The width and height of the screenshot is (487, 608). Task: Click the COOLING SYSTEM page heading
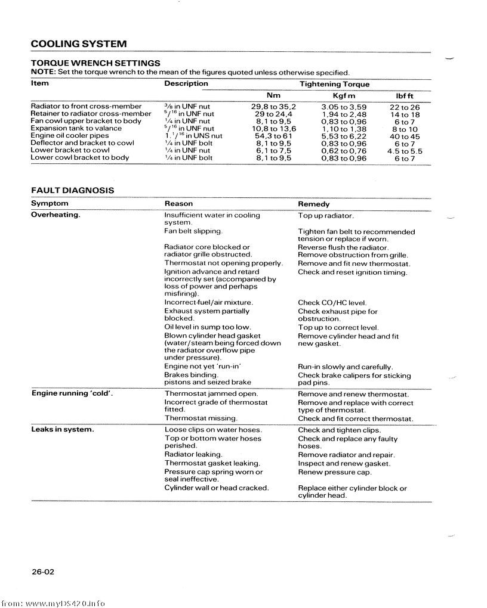click(78, 44)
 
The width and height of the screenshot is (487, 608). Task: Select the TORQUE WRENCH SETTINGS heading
click(95, 63)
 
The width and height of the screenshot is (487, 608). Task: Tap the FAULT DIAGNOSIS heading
click(72, 190)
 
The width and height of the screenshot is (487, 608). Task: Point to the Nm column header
click(273, 95)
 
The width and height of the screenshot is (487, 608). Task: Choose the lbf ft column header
click(405, 96)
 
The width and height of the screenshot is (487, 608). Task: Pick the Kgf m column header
click(344, 96)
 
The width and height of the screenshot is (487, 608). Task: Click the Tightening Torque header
click(334, 84)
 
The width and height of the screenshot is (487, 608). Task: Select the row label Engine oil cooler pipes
click(69, 136)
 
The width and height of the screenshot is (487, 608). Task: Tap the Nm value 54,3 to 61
click(273, 136)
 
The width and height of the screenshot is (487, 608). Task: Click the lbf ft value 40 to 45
click(405, 137)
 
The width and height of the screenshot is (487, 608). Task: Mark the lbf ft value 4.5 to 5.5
click(405, 151)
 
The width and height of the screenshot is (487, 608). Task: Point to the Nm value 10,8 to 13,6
click(273, 129)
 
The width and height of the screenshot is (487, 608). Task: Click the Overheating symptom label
click(56, 215)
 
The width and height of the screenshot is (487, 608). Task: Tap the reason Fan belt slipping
click(193, 231)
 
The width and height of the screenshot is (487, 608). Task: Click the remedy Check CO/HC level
click(332, 303)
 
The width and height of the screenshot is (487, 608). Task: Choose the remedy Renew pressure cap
click(335, 472)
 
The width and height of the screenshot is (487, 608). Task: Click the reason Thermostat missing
click(201, 418)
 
